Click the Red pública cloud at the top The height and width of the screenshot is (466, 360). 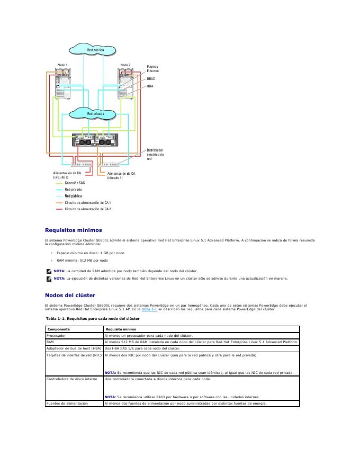pyautogui.click(x=95, y=50)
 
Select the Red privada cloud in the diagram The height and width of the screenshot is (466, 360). pyautogui.click(x=95, y=113)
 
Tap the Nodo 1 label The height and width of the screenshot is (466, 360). pyautogui.click(x=62, y=65)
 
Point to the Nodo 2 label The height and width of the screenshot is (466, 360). pyautogui.click(x=125, y=65)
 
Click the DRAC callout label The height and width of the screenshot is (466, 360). pyautogui.click(x=151, y=78)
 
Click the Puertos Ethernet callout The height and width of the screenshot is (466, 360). pyautogui.click(x=152, y=69)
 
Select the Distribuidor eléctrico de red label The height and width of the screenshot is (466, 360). pyautogui.click(x=155, y=155)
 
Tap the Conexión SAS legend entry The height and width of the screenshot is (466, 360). pyautogui.click(x=75, y=183)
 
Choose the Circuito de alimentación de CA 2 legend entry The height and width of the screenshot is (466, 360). pyautogui.click(x=87, y=209)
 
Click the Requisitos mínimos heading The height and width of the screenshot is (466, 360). pyautogui.click(x=74, y=230)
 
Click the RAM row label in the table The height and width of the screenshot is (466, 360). pyautogui.click(x=51, y=342)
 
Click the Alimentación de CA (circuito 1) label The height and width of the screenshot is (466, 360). pyautogui.click(x=121, y=175)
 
